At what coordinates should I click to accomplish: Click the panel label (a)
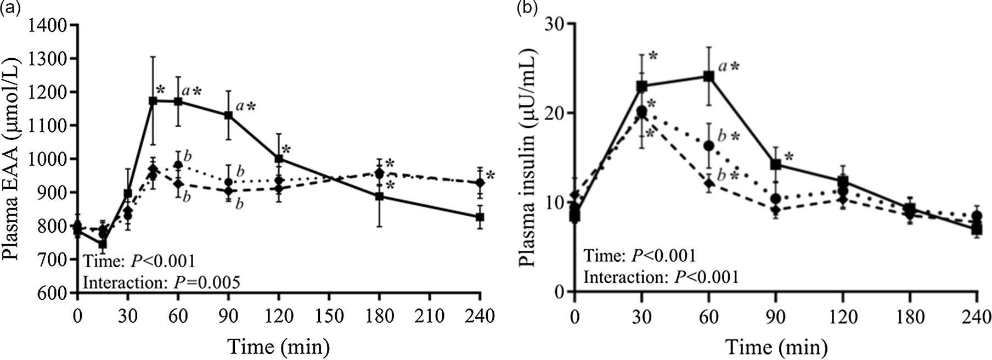pyautogui.click(x=10, y=8)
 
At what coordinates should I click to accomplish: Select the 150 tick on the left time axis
pyautogui.click(x=329, y=317)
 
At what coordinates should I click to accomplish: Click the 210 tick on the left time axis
pyautogui.click(x=430, y=317)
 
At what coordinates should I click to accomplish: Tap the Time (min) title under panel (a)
pyautogui.click(x=279, y=347)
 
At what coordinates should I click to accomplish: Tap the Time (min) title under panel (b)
pyautogui.click(x=776, y=347)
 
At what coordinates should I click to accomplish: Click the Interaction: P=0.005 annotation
pyautogui.click(x=161, y=282)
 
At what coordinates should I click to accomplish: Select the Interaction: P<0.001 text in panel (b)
pyautogui.click(x=661, y=277)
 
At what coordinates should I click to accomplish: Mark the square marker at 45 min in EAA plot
pyautogui.click(x=153, y=101)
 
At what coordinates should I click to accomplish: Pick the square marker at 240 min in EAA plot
pyautogui.click(x=480, y=217)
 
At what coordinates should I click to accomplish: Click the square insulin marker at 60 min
pyautogui.click(x=709, y=76)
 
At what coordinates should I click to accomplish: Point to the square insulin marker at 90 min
pyautogui.click(x=776, y=165)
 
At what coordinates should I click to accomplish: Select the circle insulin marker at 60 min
pyautogui.click(x=709, y=145)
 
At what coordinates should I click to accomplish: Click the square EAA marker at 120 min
pyautogui.click(x=279, y=159)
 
